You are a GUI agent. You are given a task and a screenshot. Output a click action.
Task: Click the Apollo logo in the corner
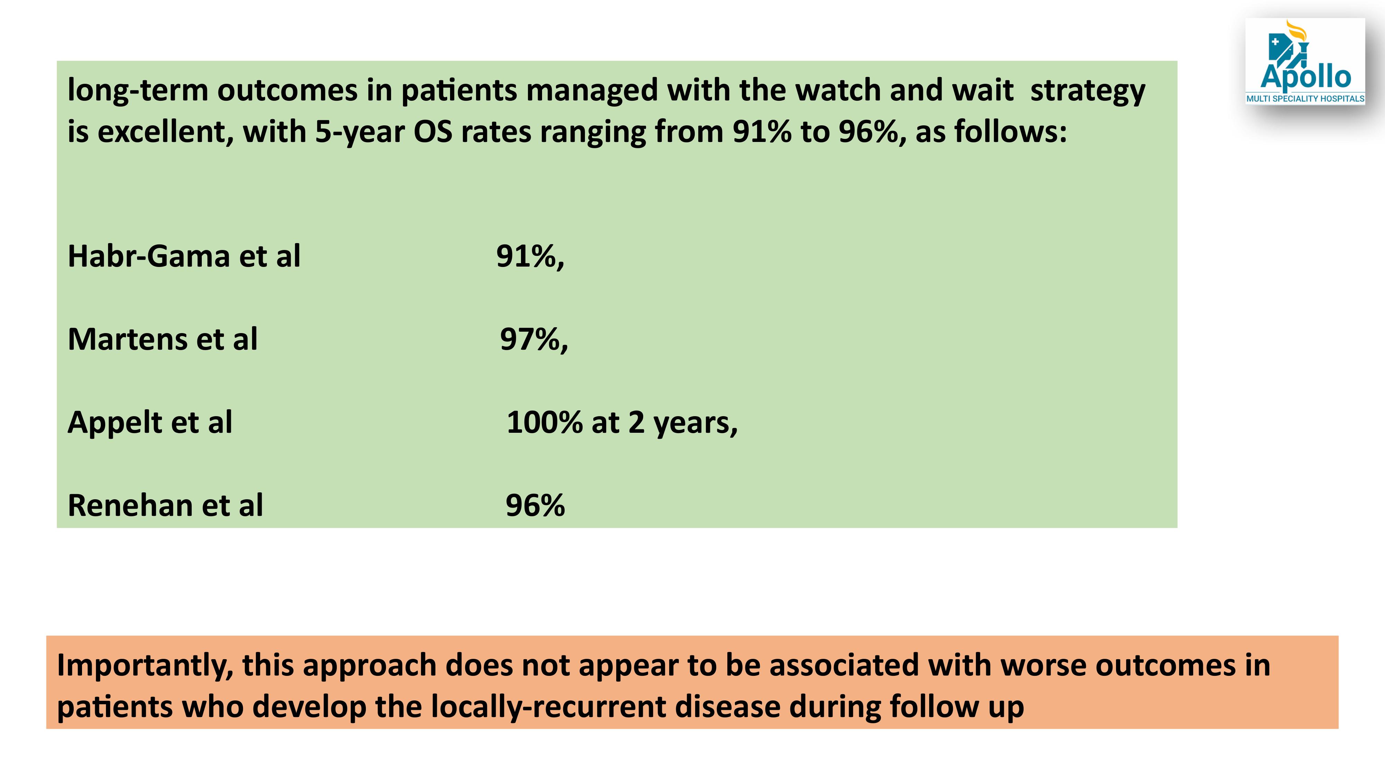[1305, 61]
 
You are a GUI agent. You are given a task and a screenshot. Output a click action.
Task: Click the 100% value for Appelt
[545, 422]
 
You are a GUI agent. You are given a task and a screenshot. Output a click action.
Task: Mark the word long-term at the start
[138, 91]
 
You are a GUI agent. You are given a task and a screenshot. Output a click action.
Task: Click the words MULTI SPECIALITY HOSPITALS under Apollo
[1305, 98]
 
